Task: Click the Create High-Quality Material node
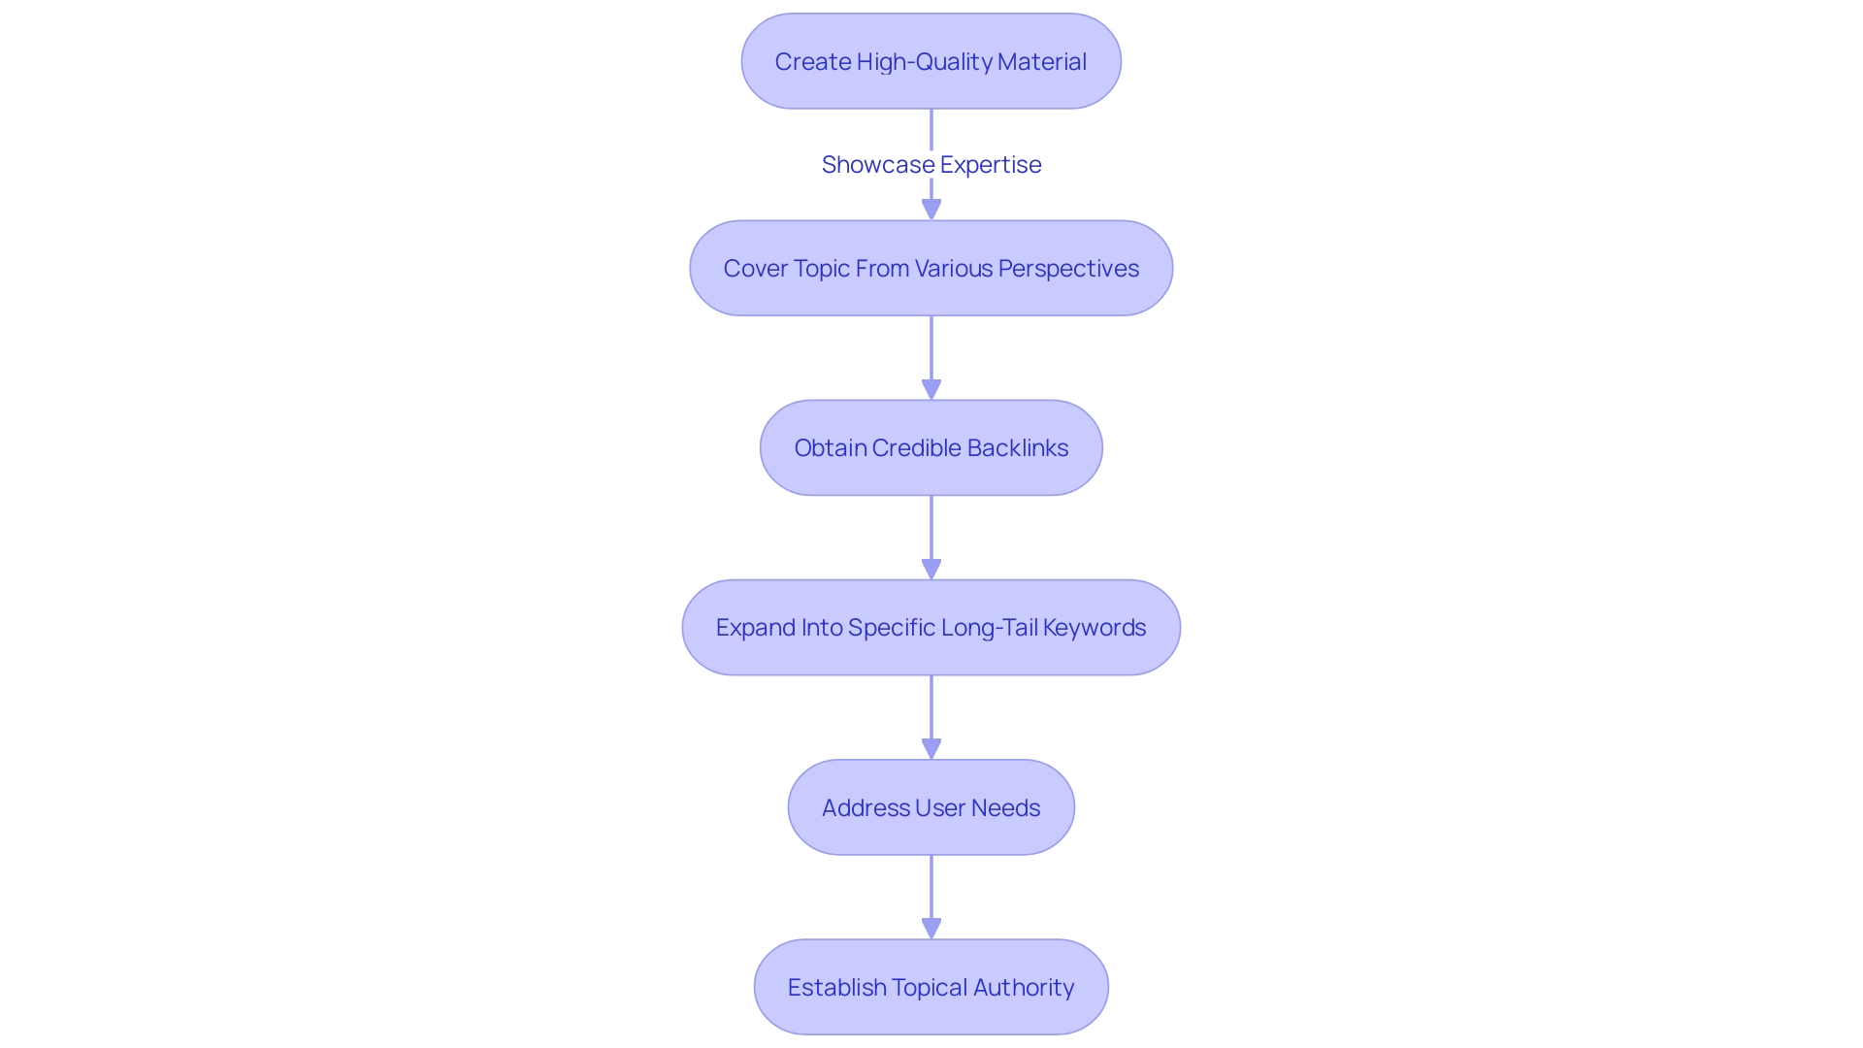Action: [931, 61]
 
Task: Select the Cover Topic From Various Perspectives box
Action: [931, 268]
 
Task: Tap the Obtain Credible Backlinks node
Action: [931, 447]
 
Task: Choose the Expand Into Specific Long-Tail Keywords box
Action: [931, 628]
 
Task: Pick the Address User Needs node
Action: [931, 807]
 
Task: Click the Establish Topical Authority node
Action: [931, 987]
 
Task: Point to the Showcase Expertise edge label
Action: [931, 165]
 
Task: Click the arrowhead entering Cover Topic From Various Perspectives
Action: [931, 209]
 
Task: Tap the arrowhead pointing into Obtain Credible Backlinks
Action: [931, 389]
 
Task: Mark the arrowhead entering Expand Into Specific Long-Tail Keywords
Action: [931, 569]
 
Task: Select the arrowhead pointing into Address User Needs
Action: [931, 748]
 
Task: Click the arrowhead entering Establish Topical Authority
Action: [931, 928]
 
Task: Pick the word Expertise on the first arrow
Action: [990, 165]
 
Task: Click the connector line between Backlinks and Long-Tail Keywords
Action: [931, 529]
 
